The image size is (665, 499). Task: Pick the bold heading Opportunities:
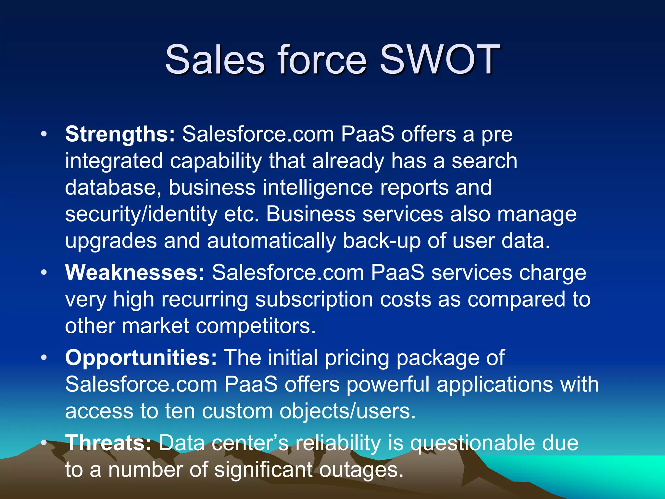[141, 358]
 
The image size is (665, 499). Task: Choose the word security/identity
[141, 214]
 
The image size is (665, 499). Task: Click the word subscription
[314, 300]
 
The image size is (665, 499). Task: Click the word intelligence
[318, 188]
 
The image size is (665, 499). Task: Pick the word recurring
[205, 300]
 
